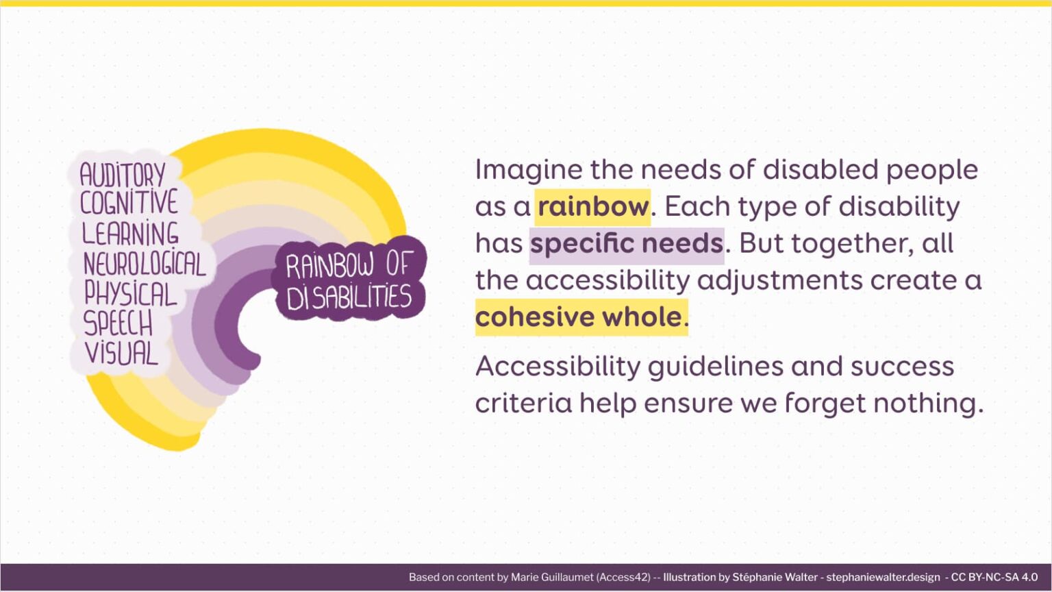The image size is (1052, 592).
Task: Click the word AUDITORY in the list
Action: pyautogui.click(x=123, y=175)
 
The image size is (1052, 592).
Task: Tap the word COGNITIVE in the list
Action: pyautogui.click(x=129, y=203)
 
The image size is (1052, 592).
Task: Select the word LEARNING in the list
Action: pyautogui.click(x=130, y=234)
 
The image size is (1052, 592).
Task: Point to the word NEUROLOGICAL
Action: pyautogui.click(x=144, y=264)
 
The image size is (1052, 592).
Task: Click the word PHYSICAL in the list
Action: pyautogui.click(x=130, y=294)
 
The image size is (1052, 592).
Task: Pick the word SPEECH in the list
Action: pyautogui.click(x=118, y=323)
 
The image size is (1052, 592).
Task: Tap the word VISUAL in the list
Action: pyautogui.click(x=121, y=353)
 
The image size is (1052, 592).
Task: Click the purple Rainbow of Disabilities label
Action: pyautogui.click(x=349, y=281)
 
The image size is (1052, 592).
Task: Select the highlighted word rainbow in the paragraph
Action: pyautogui.click(x=592, y=206)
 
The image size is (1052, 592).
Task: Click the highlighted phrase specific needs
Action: pyautogui.click(x=626, y=243)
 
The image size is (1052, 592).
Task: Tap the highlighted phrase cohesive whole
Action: pyautogui.click(x=579, y=317)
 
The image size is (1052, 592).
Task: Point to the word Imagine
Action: pyautogui.click(x=529, y=170)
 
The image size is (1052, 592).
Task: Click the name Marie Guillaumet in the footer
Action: pyautogui.click(x=552, y=577)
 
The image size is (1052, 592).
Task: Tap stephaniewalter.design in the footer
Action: pyautogui.click(x=883, y=577)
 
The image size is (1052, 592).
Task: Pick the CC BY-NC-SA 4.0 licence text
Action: pyautogui.click(x=994, y=577)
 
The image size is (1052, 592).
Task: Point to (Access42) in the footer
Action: pyautogui.click(x=623, y=577)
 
